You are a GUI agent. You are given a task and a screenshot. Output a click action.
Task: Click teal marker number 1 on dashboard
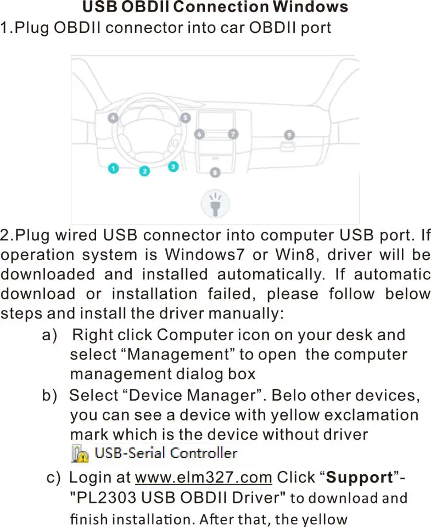pos(113,169)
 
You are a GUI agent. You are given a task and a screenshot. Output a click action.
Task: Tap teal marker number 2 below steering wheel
pos(144,171)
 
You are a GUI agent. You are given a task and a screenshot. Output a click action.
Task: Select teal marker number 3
pos(173,166)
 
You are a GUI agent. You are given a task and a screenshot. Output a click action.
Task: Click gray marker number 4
pos(113,118)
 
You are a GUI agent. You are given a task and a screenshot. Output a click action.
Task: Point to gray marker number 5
pos(186,117)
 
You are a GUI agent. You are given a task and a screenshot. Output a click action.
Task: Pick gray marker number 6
pos(200,134)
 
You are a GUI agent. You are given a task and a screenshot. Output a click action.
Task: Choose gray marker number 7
pos(233,134)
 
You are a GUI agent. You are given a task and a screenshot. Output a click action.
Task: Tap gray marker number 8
pos(215,172)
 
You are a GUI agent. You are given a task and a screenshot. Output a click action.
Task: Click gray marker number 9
pos(289,134)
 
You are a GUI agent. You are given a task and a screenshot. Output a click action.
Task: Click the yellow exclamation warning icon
pos(80,453)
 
